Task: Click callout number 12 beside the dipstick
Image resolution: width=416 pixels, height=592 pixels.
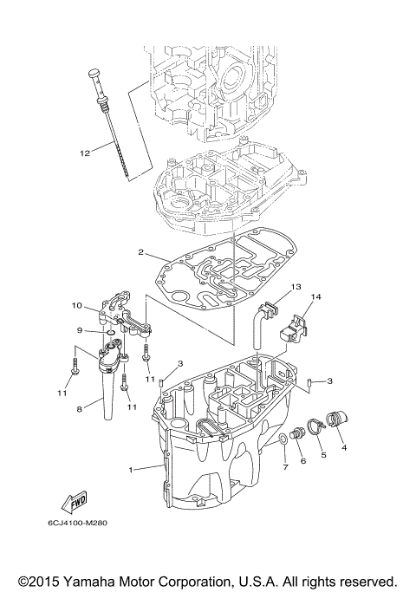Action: pyautogui.click(x=84, y=153)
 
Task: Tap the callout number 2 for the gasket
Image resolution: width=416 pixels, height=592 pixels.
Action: pyautogui.click(x=140, y=252)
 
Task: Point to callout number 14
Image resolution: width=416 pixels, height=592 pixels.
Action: pyautogui.click(x=315, y=297)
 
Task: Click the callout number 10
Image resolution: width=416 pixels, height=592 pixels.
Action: pyautogui.click(x=76, y=305)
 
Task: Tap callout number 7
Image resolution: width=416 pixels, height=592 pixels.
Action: pyautogui.click(x=283, y=468)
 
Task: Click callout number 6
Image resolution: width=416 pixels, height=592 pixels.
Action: pyautogui.click(x=303, y=462)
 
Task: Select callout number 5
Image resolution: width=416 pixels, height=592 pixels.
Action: pyautogui.click(x=323, y=455)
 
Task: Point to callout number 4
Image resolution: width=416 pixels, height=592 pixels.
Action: pyautogui.click(x=344, y=448)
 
